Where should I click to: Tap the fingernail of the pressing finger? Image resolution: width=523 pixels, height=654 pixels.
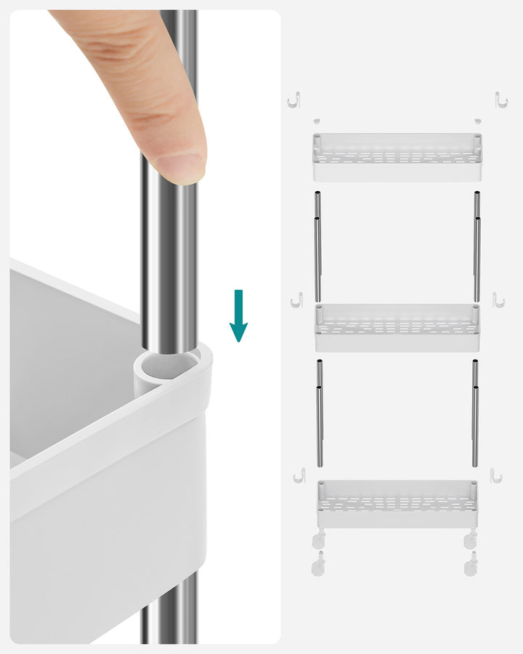(180, 168)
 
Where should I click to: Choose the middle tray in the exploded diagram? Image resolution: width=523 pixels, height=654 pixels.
(397, 328)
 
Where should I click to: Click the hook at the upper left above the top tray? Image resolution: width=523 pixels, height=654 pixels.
(293, 100)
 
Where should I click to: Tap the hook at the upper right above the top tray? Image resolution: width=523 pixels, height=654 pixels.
(500, 100)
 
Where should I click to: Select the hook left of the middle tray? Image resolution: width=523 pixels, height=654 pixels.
(296, 299)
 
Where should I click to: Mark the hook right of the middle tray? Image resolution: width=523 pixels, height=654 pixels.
(498, 299)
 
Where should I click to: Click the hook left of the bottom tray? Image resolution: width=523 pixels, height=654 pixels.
(298, 475)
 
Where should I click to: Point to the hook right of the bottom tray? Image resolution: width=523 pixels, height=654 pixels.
(496, 475)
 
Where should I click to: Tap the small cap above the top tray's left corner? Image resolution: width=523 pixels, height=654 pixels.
(317, 121)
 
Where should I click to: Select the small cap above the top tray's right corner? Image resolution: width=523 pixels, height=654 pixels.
(477, 121)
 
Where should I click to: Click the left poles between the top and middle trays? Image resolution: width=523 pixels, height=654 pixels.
(317, 247)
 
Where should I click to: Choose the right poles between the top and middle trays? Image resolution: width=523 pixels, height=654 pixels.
(477, 247)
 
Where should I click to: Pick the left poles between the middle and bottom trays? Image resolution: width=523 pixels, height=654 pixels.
(319, 414)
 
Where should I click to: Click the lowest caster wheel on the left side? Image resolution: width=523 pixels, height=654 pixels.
(318, 564)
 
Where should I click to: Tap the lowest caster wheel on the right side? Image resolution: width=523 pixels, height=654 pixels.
(471, 564)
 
